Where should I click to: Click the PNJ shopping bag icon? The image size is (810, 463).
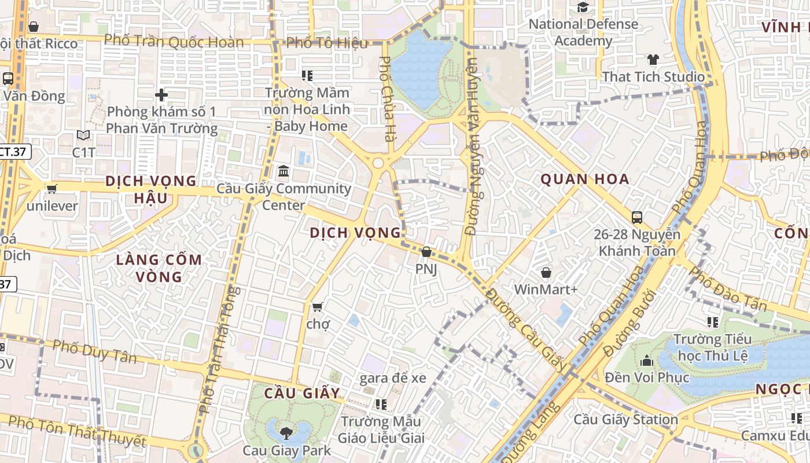[x=426, y=252]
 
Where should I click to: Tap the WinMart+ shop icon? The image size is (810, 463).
[x=546, y=272]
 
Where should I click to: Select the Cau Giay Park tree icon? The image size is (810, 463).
[x=286, y=432]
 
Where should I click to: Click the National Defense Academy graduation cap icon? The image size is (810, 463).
[x=583, y=8]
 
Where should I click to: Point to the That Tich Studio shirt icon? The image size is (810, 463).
[x=653, y=59]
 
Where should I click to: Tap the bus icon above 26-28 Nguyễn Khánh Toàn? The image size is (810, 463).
[x=637, y=218]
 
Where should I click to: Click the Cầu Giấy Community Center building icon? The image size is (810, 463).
[x=283, y=171]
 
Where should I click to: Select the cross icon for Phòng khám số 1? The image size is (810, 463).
[x=161, y=94]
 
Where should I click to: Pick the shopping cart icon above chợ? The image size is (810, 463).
[x=317, y=307]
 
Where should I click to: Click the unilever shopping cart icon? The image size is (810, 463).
[x=51, y=189]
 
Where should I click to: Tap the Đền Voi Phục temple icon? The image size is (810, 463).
[x=647, y=361]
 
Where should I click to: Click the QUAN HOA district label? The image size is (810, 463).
[x=585, y=179]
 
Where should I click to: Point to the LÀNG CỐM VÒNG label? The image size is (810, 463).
[x=159, y=268]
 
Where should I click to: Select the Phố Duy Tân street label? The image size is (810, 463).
[x=94, y=351]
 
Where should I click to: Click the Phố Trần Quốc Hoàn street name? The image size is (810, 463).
[x=174, y=41]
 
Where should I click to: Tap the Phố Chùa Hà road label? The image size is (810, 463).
[x=387, y=98]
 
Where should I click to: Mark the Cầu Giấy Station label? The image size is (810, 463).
[x=625, y=419]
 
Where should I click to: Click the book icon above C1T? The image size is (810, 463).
[x=83, y=135]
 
